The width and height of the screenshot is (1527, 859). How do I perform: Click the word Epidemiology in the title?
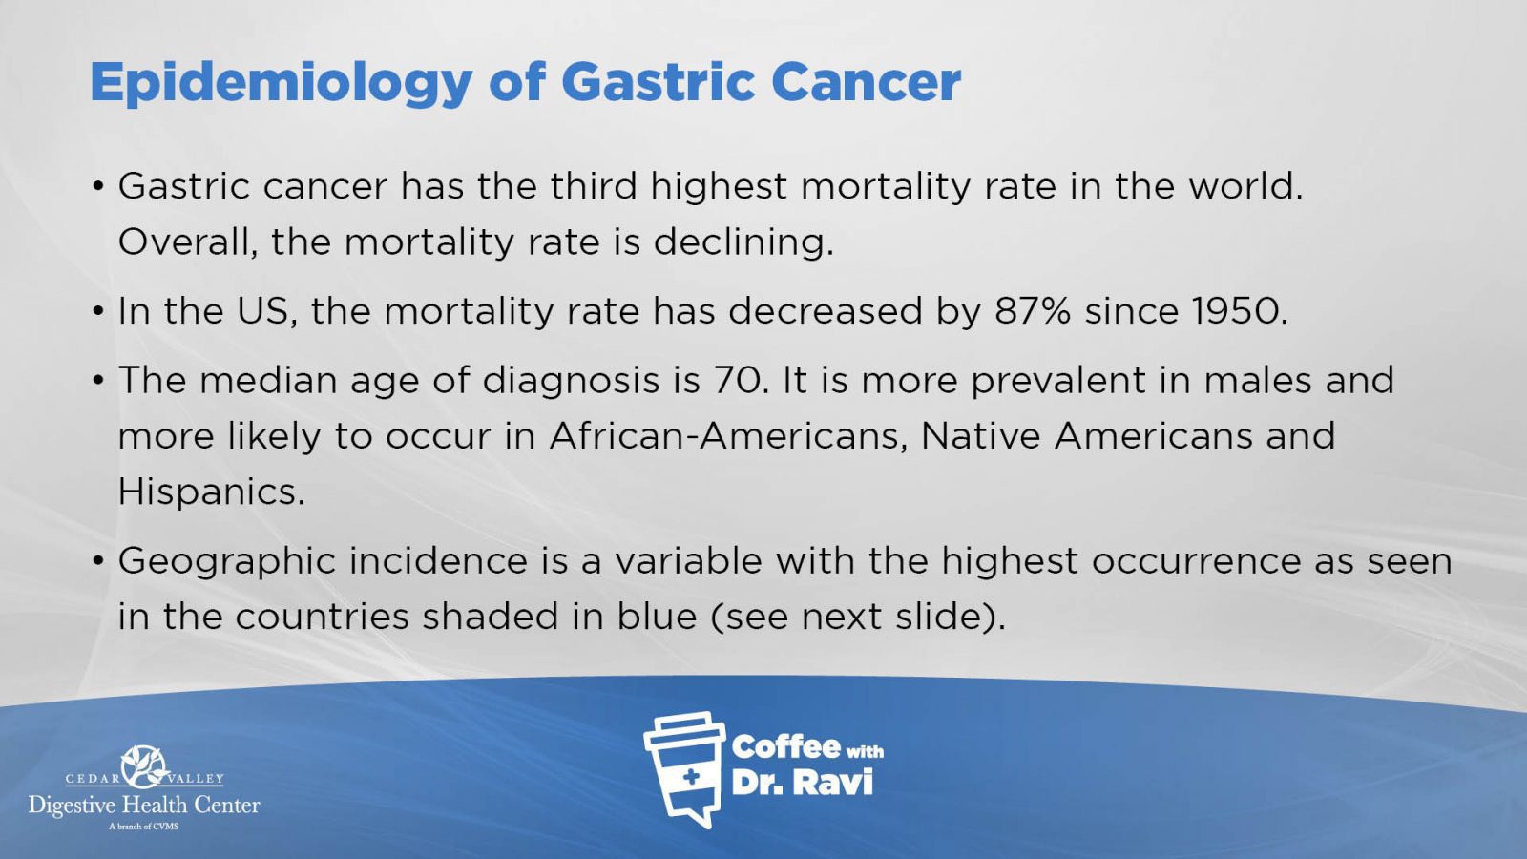click(281, 84)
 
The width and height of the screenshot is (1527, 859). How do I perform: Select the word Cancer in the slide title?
click(866, 82)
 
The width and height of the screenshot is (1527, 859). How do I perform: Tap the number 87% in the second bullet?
click(1033, 311)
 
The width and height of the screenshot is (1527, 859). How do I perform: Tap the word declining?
click(743, 242)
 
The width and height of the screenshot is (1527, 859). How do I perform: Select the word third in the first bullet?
click(593, 185)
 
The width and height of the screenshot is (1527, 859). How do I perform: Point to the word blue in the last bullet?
click(658, 616)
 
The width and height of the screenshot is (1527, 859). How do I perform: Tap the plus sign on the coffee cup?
click(691, 776)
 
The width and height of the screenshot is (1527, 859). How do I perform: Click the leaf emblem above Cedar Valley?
click(144, 766)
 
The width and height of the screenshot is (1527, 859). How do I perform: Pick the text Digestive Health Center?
click(144, 806)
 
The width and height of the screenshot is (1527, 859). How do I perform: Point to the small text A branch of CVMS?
click(143, 827)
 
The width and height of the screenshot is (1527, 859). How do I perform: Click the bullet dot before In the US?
click(99, 311)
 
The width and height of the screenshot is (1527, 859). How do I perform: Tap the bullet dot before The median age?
click(99, 381)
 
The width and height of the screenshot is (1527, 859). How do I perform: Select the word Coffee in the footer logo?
click(785, 747)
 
